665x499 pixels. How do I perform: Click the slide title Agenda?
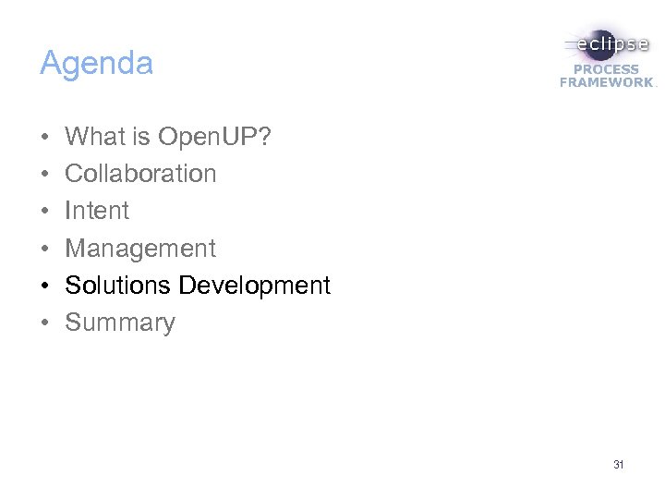pyautogui.click(x=96, y=64)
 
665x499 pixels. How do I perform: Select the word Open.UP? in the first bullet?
pyautogui.click(x=215, y=137)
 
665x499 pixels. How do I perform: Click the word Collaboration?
pyautogui.click(x=140, y=174)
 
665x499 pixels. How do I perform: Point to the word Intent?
pyautogui.click(x=97, y=211)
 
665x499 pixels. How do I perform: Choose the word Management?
pyautogui.click(x=140, y=248)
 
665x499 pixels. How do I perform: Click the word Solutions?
pyautogui.click(x=118, y=286)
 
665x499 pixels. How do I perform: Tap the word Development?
pyautogui.click(x=254, y=286)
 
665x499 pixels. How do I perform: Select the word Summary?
pyautogui.click(x=120, y=323)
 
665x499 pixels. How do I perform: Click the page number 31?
pyautogui.click(x=618, y=465)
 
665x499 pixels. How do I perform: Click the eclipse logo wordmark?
pyautogui.click(x=609, y=43)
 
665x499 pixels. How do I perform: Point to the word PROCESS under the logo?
pyautogui.click(x=606, y=69)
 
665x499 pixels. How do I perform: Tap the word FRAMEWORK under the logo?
pyautogui.click(x=606, y=82)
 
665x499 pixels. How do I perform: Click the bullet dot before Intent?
pyautogui.click(x=44, y=212)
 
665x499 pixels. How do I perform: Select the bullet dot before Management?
pyautogui.click(x=44, y=249)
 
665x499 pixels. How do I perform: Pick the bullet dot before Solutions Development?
pyautogui.click(x=44, y=286)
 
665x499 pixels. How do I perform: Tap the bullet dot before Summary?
pyautogui.click(x=44, y=323)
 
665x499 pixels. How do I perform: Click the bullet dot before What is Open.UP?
pyautogui.click(x=44, y=138)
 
